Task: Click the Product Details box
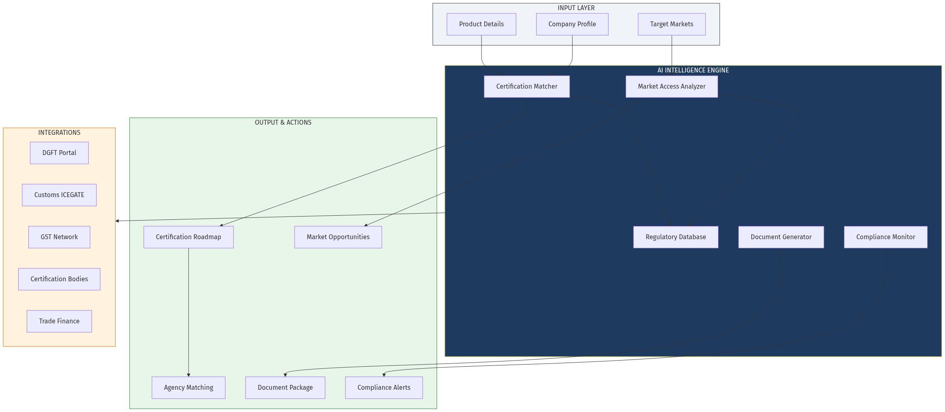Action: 481,24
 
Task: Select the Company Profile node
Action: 572,24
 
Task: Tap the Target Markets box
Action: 671,24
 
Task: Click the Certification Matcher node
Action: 527,87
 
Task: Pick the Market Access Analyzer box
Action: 671,87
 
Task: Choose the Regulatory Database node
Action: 676,237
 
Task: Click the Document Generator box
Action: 781,237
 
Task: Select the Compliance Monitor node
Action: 885,237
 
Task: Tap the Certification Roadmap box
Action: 188,237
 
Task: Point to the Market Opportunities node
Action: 338,237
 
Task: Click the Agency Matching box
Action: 188,388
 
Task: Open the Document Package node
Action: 285,388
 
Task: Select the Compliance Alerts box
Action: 384,388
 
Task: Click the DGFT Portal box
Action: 59,153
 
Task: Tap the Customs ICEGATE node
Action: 59,195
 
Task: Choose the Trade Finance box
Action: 59,321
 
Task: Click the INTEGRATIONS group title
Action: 59,133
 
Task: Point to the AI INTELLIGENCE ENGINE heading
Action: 693,70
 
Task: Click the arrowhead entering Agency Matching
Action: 188,375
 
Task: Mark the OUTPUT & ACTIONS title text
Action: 283,123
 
